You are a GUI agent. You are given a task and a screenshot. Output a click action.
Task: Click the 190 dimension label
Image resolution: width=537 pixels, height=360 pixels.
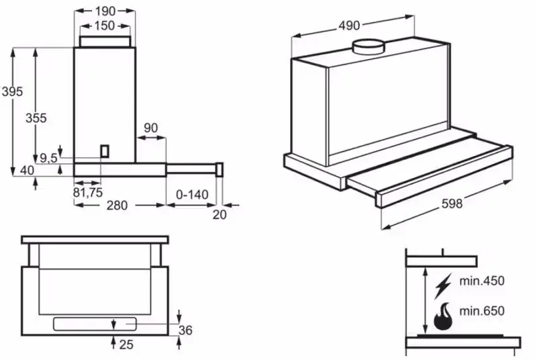(x=104, y=10)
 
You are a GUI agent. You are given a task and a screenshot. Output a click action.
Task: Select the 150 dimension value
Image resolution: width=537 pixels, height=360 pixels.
(x=104, y=26)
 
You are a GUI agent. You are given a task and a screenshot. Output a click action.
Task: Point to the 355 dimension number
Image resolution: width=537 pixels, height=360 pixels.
(x=36, y=118)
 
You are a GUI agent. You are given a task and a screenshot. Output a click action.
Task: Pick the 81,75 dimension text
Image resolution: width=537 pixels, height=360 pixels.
(x=87, y=191)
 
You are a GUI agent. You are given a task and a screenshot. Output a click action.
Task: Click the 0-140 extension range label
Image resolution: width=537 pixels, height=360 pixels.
(x=191, y=195)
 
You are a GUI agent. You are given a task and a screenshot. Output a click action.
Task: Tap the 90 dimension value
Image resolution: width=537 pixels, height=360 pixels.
(x=151, y=128)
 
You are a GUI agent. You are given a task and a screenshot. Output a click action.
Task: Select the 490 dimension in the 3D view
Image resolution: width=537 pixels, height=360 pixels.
(x=349, y=26)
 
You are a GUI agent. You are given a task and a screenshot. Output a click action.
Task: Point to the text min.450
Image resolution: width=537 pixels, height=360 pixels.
(x=481, y=281)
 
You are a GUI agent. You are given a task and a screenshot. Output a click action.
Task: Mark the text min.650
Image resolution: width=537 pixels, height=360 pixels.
(x=481, y=312)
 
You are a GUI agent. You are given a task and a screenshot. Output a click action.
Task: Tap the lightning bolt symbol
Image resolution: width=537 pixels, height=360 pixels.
(x=442, y=285)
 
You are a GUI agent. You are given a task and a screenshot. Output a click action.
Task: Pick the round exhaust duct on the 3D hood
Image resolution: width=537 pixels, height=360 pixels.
(x=369, y=47)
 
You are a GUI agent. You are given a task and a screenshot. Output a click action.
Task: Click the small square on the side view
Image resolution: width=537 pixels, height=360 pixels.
(x=105, y=151)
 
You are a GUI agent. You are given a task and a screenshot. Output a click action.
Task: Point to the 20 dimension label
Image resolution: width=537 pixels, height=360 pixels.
(x=219, y=214)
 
